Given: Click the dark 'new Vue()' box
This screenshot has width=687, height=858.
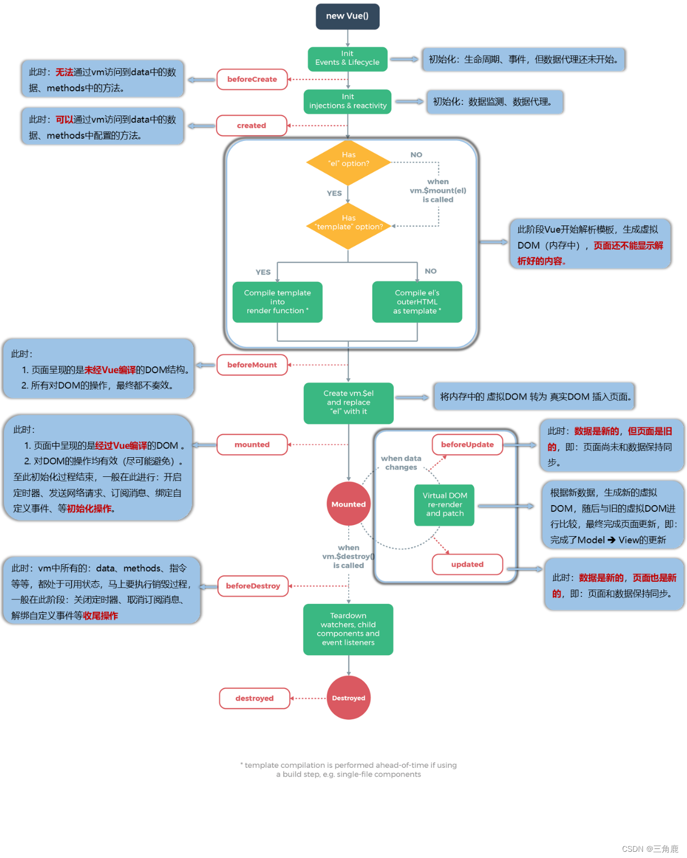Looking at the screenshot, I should coord(347,16).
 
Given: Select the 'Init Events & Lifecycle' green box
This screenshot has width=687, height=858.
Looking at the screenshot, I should coord(347,59).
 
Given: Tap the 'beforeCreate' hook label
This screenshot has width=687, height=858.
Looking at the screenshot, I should coord(252,79).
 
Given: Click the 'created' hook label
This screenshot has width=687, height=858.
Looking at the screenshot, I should coord(252,126).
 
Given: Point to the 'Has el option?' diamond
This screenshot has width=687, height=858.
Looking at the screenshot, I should coord(348,162).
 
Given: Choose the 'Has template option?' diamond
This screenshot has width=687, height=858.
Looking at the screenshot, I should coord(348,226).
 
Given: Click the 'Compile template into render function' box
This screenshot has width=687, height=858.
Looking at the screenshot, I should coord(278,302).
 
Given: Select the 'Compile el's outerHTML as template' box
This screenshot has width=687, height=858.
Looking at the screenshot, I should coord(417,302).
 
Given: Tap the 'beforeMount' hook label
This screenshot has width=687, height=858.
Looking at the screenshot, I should coord(252,365).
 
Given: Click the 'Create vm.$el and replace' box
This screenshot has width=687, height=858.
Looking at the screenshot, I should coord(348,403).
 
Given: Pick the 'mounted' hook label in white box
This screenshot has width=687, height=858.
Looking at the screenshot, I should coord(252,445).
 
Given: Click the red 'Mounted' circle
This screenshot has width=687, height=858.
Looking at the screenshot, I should coord(349,504).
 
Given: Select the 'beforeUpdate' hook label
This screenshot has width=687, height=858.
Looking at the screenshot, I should coord(467,445).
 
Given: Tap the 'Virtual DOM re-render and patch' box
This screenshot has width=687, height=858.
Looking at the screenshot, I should coord(444,505).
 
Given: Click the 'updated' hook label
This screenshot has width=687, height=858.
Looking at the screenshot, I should coord(467,564).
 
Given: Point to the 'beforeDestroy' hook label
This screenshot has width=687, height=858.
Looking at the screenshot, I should coord(253,586).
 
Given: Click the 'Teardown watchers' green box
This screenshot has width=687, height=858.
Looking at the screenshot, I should coord(348,629).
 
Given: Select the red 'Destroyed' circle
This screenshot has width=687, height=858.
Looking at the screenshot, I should coord(349,698).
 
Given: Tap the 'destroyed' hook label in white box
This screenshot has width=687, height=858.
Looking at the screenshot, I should coord(254,698).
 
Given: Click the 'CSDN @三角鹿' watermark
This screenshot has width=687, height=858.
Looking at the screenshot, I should coord(650,848).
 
